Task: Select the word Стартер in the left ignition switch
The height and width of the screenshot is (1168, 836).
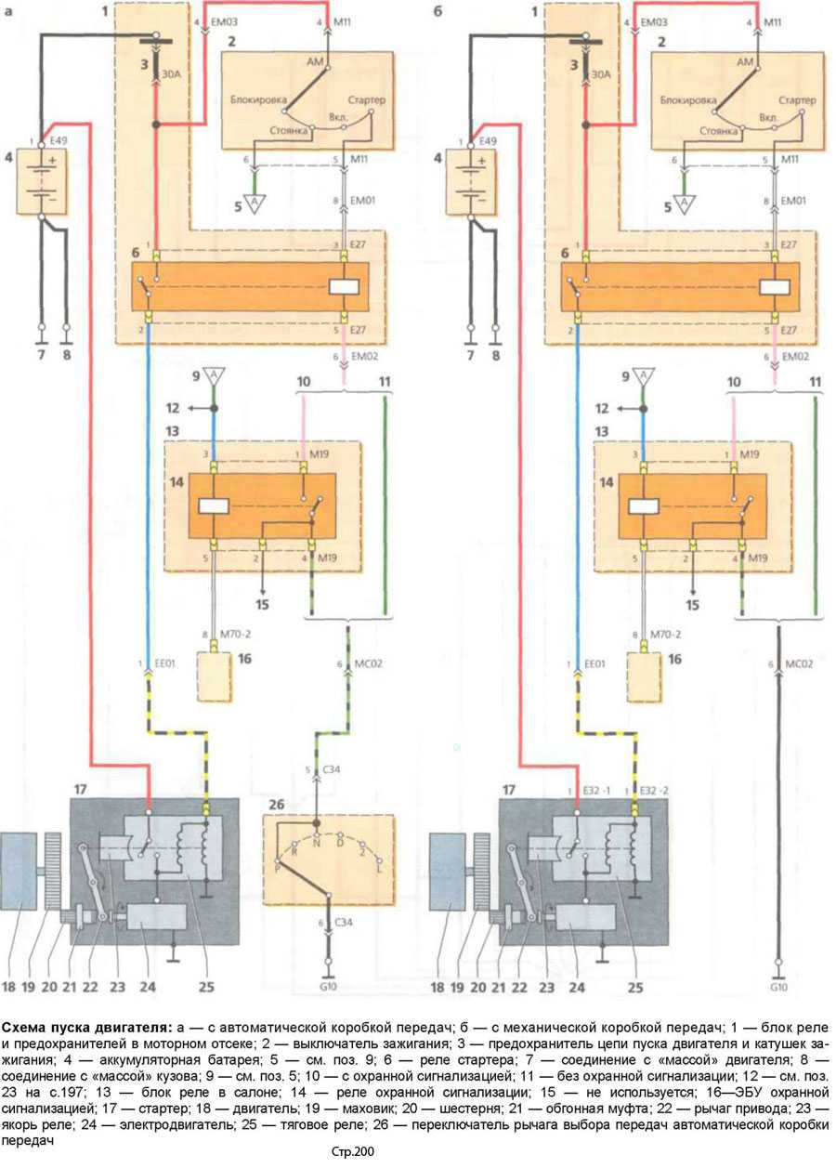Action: [366, 99]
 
